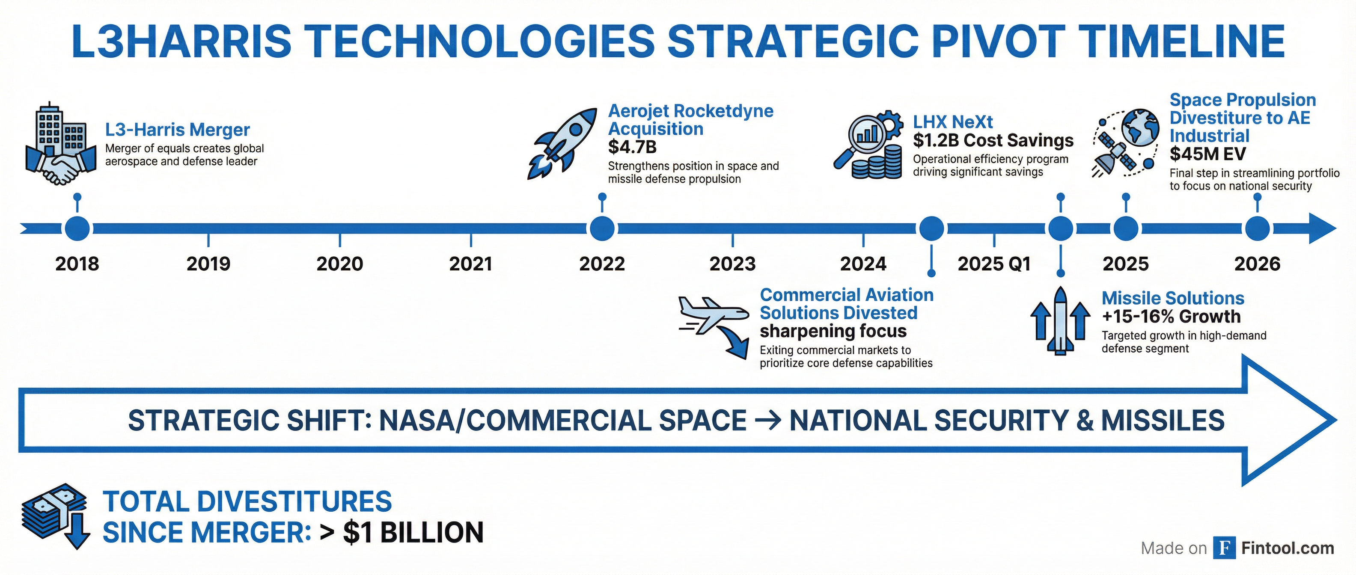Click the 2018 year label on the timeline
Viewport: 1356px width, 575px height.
(x=77, y=264)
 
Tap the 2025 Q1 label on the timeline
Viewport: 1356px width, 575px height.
(x=994, y=264)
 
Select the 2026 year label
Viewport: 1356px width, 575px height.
(x=1257, y=264)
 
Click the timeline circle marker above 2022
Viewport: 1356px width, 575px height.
(x=602, y=228)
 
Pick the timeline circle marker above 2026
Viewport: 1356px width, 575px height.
(x=1258, y=229)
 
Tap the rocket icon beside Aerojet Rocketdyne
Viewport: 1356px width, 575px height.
(x=562, y=144)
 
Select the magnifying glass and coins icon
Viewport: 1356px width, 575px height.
(x=868, y=144)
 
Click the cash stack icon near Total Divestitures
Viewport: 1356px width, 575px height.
(x=55, y=516)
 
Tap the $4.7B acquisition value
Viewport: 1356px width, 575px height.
(x=632, y=146)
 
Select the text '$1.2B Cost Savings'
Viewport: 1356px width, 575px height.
(x=993, y=140)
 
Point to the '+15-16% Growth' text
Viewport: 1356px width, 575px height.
(x=1171, y=316)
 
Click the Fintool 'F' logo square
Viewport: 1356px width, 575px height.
(x=1225, y=548)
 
